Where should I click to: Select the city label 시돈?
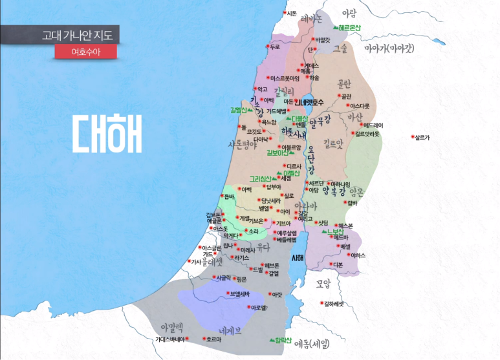tap(292, 13)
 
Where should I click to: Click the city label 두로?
tap(274, 47)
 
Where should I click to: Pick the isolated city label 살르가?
tap(422, 137)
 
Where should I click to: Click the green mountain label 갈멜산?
tap(240, 110)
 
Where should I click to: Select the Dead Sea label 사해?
tap(298, 258)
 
